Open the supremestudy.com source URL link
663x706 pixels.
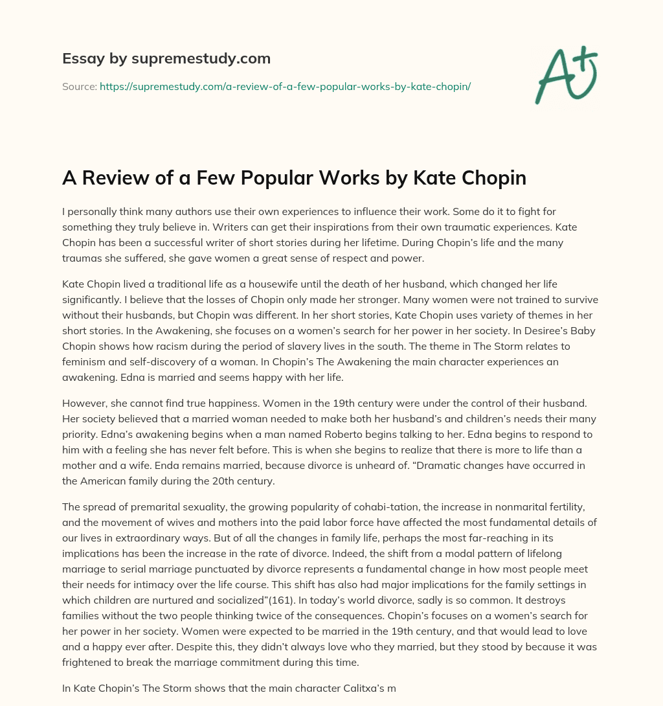pos(285,86)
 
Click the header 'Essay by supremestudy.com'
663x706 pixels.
pos(166,59)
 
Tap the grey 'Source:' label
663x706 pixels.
pos(80,86)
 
